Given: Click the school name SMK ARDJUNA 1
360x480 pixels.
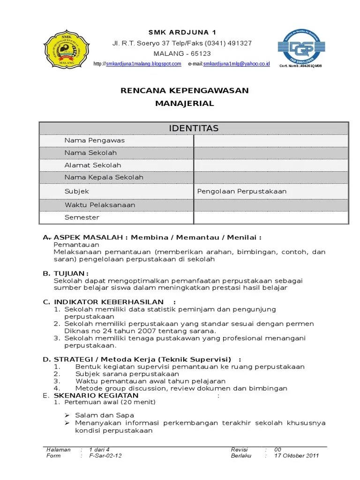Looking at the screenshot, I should coord(182,32).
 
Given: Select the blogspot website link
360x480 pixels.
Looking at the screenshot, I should coord(143,64).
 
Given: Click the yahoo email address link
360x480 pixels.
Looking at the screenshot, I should coord(236,64).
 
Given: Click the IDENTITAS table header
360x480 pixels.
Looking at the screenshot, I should coord(194,128).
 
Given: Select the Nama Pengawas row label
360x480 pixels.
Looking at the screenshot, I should coord(94,141).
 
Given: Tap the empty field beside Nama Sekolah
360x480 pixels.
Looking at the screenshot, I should coord(271,153).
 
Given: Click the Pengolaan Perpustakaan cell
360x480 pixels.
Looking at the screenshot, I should coord(242,191).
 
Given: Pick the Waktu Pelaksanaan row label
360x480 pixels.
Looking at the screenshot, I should coord(100,205).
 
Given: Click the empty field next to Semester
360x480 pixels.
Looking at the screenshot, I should coord(271,217).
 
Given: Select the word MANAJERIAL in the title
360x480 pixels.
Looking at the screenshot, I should coord(184,104).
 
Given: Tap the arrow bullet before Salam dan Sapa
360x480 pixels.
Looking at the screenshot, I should coord(67,415).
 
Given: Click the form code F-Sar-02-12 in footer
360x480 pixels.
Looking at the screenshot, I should coord(105,456).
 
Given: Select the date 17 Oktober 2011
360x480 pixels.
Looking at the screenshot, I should coord(297,456).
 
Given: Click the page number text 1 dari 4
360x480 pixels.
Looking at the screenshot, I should coord(99,450).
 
